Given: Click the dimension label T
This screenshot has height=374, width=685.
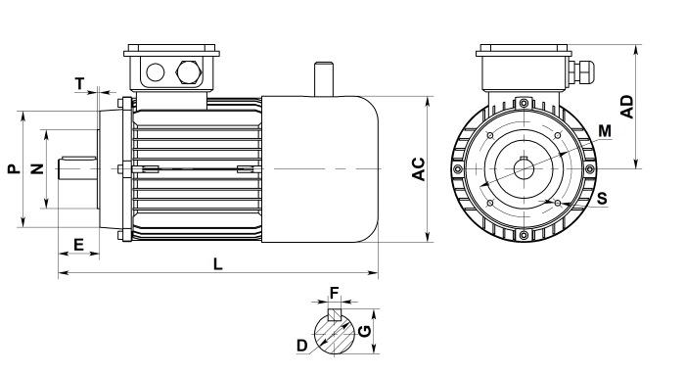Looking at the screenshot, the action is pyautogui.click(x=79, y=83).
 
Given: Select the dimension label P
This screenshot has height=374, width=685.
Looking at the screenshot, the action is pyautogui.click(x=14, y=168).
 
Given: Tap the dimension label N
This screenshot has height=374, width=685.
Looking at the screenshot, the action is pyautogui.click(x=37, y=168).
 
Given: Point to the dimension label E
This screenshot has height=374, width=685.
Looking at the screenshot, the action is pyautogui.click(x=78, y=245).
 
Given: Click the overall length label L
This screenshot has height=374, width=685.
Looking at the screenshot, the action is pyautogui.click(x=217, y=264).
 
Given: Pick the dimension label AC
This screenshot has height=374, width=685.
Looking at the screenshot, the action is pyautogui.click(x=419, y=168).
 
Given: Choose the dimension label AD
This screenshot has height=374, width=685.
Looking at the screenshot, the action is pyautogui.click(x=627, y=107).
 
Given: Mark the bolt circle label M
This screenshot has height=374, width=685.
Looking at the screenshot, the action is pyautogui.click(x=605, y=130).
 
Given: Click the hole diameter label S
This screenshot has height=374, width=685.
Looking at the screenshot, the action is pyautogui.click(x=602, y=199).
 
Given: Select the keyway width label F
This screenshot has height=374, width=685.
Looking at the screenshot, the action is pyautogui.click(x=335, y=293).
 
